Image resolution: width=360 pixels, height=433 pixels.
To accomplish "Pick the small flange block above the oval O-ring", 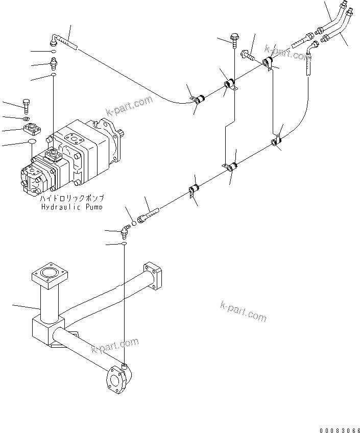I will click(32, 129).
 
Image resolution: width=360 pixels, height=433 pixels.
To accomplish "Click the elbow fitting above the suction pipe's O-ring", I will click(124, 232).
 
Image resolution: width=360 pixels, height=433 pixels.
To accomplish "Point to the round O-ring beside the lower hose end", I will click(133, 223).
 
